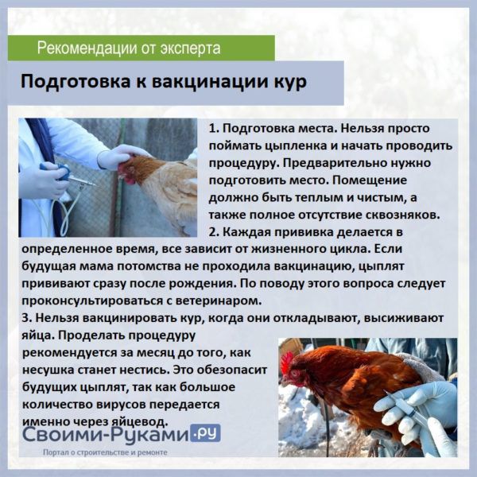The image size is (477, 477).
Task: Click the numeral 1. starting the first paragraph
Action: tap(214, 128)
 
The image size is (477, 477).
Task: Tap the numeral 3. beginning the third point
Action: tap(27, 318)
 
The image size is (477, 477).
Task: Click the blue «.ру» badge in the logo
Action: tap(205, 433)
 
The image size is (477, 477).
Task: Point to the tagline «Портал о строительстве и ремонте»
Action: tap(105, 452)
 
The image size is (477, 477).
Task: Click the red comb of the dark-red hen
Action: tap(286, 363)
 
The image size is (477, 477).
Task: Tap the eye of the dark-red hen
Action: tap(294, 373)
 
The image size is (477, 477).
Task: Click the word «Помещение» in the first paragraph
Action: tap(370, 180)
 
